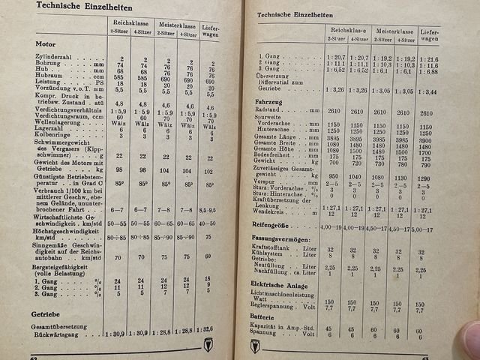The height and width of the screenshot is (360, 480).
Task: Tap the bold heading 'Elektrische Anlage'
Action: tap(288, 283)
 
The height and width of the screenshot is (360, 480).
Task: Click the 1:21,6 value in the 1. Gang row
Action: tap(429, 58)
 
